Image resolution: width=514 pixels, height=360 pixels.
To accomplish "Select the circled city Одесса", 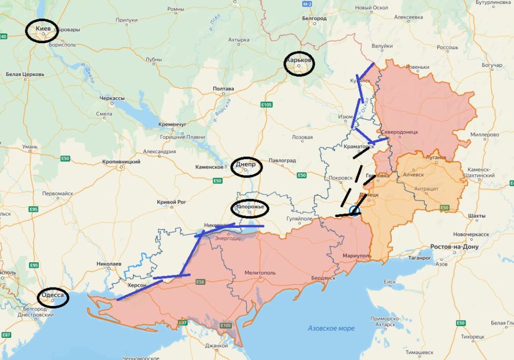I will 53,296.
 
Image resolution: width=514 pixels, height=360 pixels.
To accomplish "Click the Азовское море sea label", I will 331,328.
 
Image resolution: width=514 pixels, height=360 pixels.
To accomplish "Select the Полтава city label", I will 223,89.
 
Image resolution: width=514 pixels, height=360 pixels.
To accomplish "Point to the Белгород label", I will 314,19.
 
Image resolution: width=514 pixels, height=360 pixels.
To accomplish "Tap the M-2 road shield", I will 307,4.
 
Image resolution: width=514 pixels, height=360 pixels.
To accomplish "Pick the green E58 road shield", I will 200,282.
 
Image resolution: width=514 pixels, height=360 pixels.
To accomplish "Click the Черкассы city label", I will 112,98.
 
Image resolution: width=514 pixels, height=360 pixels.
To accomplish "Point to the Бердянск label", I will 322,278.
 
